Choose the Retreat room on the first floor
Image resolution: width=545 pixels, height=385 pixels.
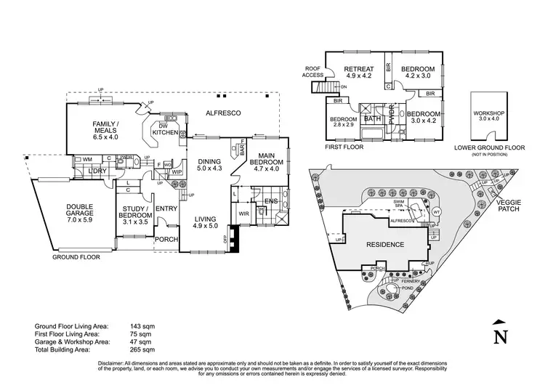tap(358, 70)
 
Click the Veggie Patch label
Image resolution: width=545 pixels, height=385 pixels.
tap(517, 207)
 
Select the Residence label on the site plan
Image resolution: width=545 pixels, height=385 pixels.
tap(384, 245)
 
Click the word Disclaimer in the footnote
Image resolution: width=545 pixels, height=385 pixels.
tap(115, 362)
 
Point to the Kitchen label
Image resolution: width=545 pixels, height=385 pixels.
tap(164, 131)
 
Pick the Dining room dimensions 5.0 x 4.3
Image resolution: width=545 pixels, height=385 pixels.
tap(208, 169)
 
